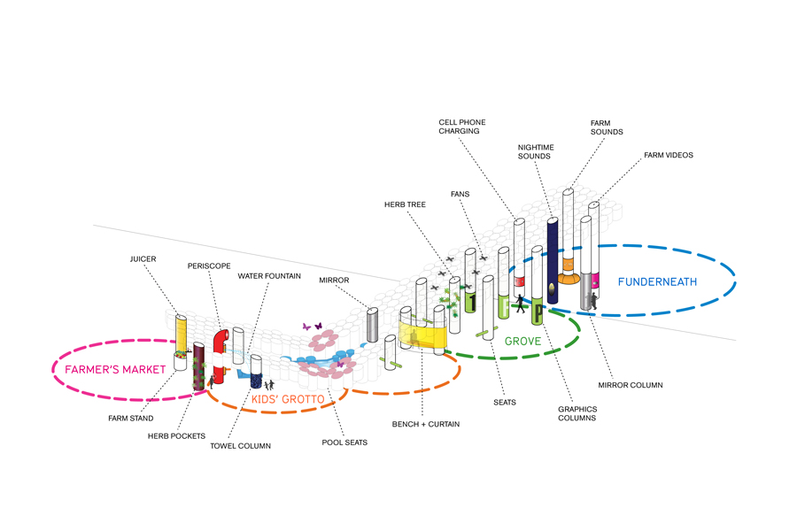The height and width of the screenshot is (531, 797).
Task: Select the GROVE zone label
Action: point(522,341)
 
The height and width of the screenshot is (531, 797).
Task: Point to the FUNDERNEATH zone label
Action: point(657,281)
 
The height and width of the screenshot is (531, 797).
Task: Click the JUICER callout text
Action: point(143,260)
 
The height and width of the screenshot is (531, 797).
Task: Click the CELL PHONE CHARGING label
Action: point(462,126)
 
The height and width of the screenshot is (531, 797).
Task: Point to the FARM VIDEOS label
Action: point(668,155)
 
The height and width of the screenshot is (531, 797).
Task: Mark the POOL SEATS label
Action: point(344,442)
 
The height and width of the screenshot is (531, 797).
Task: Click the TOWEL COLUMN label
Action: point(242,446)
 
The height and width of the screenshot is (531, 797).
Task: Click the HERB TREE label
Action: point(405,204)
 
